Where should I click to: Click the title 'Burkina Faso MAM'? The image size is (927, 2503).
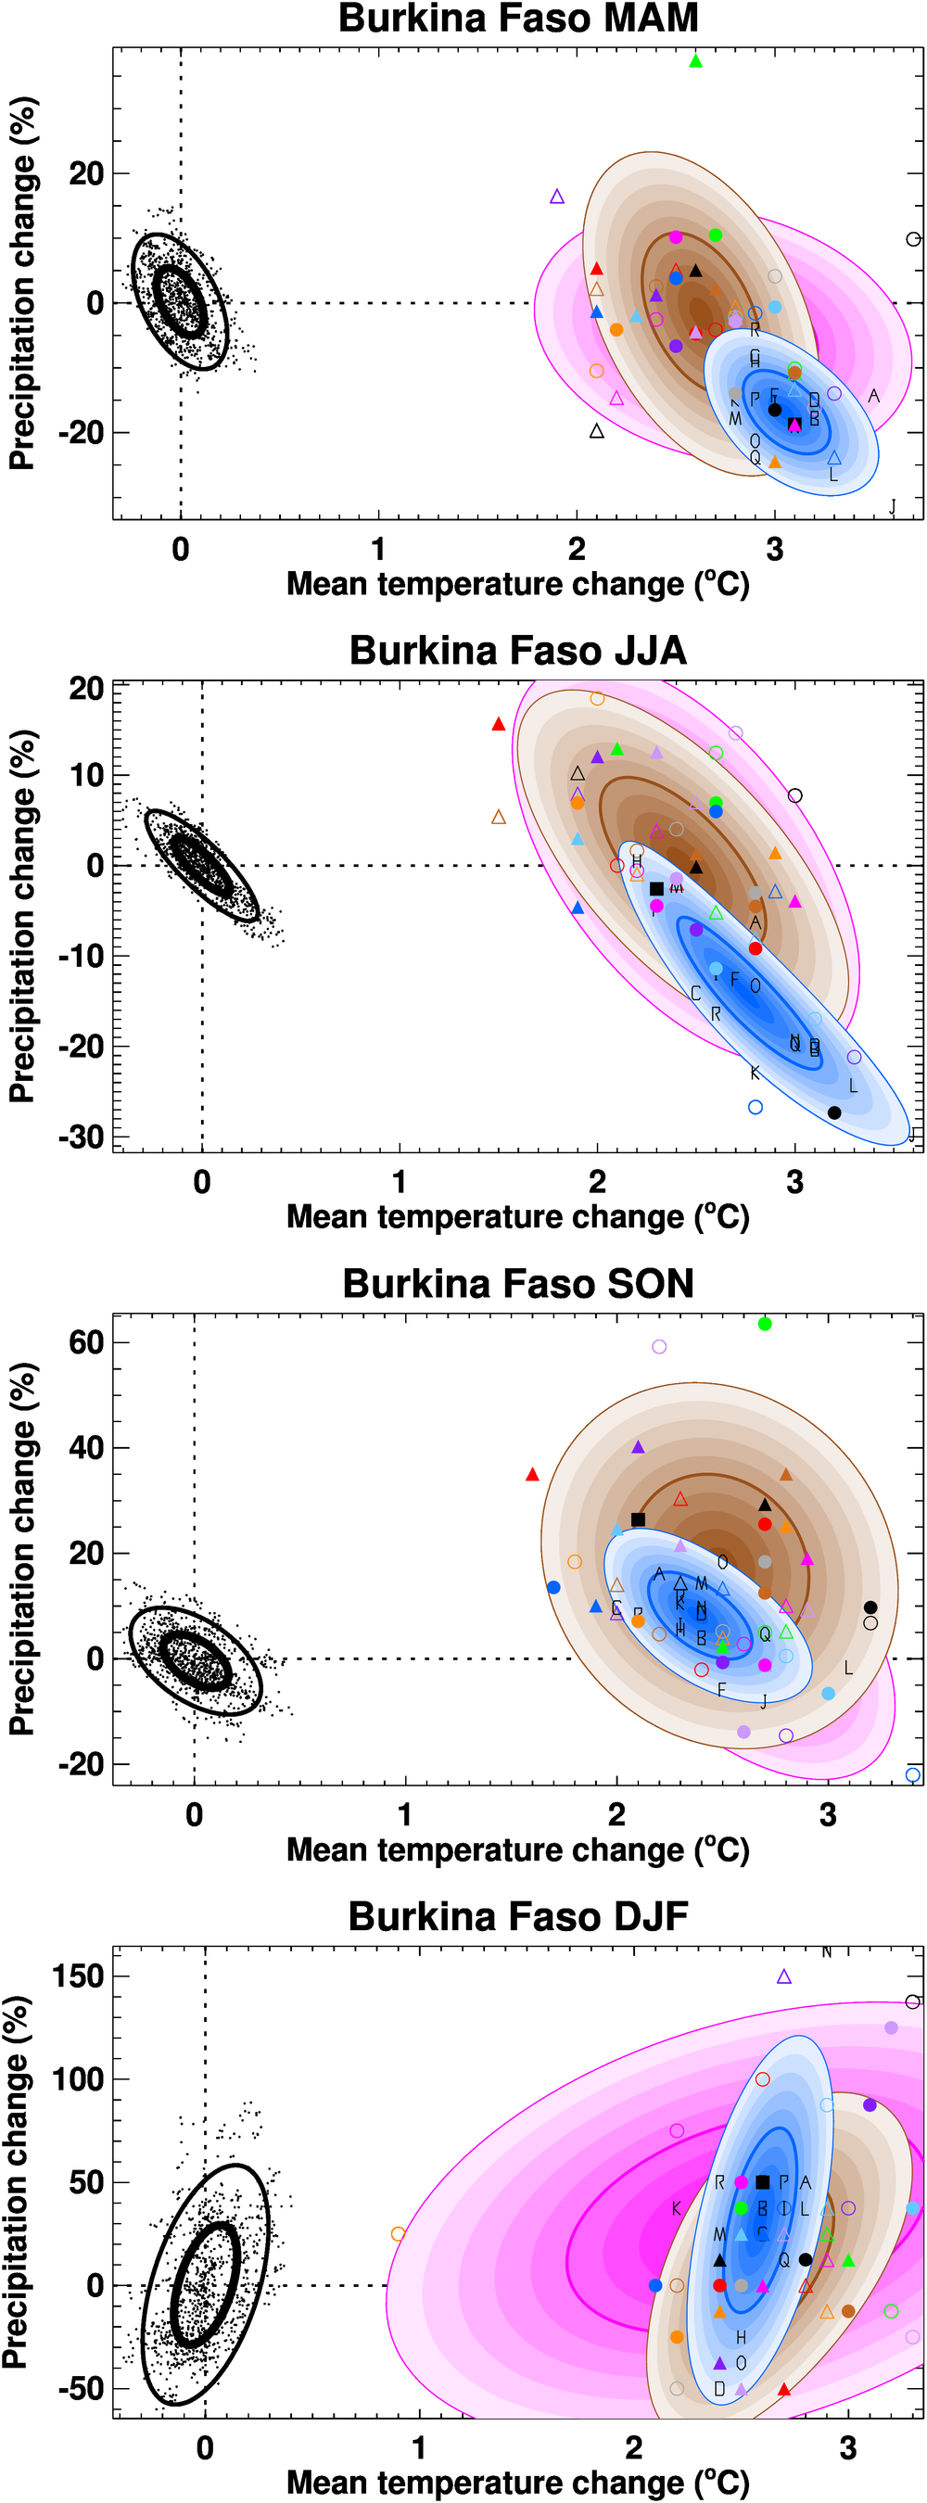click(518, 19)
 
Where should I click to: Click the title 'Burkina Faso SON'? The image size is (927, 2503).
click(518, 1284)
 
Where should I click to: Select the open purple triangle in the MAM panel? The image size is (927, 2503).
click(557, 197)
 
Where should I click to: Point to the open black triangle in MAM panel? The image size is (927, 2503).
click(597, 430)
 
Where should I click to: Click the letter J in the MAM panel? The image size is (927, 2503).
click(892, 506)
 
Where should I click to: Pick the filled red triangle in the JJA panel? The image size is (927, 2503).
click(499, 724)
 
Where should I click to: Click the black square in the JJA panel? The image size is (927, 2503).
click(656, 888)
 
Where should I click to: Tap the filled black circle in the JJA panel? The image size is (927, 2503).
click(833, 1112)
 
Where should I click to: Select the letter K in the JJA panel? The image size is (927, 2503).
click(754, 1073)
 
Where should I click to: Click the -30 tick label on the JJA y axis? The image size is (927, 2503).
click(81, 1137)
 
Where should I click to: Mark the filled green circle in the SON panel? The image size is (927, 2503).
click(765, 1324)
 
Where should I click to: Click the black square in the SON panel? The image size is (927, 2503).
click(638, 1518)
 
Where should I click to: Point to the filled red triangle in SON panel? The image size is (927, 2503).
click(531, 1475)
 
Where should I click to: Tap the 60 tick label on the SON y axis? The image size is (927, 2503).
click(86, 1343)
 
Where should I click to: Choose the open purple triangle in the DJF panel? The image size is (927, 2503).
click(784, 1976)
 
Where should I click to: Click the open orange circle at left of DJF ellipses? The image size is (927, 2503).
click(398, 2234)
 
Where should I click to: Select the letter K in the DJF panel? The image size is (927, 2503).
click(677, 2208)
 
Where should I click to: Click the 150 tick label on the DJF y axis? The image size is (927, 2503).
click(79, 1976)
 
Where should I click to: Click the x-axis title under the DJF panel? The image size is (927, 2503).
click(518, 2482)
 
